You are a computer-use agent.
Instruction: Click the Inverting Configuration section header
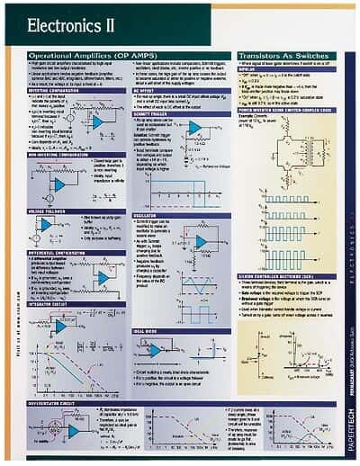53,90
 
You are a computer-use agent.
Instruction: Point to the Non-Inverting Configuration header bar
58,155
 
